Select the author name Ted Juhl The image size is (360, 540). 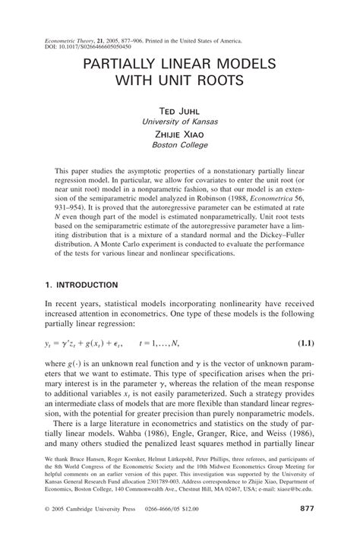point(179,110)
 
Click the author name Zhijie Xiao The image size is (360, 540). point(179,133)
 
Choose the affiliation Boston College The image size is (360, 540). point(179,144)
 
